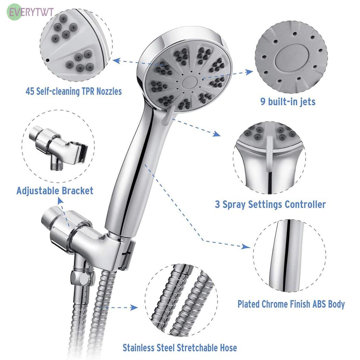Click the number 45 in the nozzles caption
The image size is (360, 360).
(30, 92)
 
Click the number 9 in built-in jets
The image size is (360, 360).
(263, 101)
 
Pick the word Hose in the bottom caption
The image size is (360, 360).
(228, 348)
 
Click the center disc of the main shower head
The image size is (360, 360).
(189, 83)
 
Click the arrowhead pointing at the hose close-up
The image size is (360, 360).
(134, 308)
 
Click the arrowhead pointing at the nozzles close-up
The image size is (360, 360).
(117, 61)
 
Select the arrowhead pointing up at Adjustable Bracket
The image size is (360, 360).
(60, 201)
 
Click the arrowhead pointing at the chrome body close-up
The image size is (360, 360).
(247, 247)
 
